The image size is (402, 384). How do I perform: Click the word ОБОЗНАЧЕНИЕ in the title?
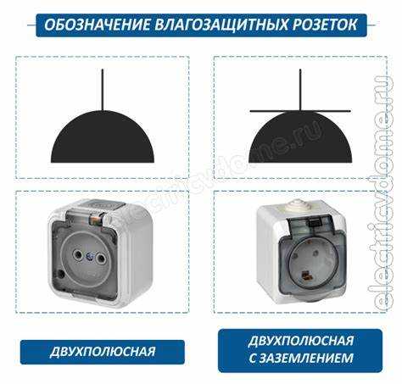pyautogui.click(x=98, y=25)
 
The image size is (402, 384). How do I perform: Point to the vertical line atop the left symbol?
pyautogui.click(x=103, y=90)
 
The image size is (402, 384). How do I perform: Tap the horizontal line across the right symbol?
pyautogui.click(x=300, y=111)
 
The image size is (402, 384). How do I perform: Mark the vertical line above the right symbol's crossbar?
pyautogui.click(x=300, y=90)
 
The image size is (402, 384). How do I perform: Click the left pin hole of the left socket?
pyautogui.click(x=77, y=256)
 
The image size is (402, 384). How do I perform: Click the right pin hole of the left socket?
pyautogui.click(x=100, y=258)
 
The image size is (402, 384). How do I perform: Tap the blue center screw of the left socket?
pyautogui.click(x=90, y=257)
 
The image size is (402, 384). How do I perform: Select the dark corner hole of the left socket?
pyautogui.click(x=60, y=273)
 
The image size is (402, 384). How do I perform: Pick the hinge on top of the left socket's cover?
pyautogui.click(x=95, y=220)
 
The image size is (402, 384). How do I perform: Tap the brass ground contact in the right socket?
pyautogui.click(x=305, y=275)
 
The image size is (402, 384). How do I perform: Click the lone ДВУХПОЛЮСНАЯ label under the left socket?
pyautogui.click(x=103, y=352)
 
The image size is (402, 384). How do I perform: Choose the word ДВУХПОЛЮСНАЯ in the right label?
pyautogui.click(x=301, y=341)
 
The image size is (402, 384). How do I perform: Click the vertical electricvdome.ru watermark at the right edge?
pyautogui.click(x=382, y=193)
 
